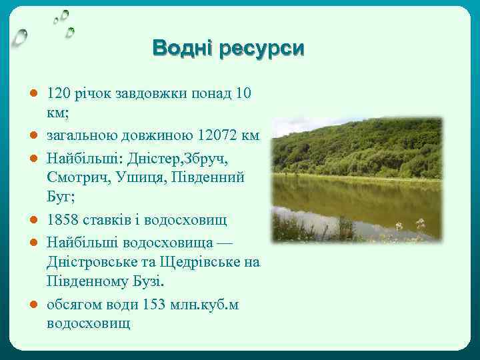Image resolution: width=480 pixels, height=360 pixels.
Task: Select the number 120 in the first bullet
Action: (59, 93)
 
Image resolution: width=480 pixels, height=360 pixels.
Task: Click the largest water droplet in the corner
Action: (21, 37)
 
